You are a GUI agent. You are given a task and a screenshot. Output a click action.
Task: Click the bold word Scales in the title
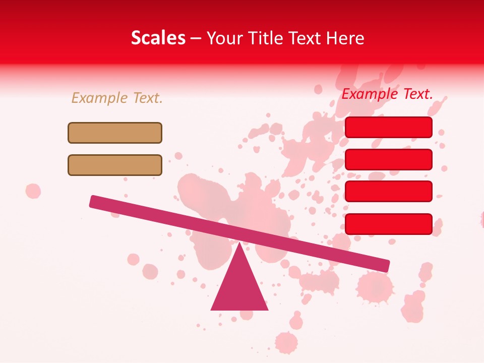[158, 38]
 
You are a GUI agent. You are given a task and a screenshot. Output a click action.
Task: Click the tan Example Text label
[117, 98]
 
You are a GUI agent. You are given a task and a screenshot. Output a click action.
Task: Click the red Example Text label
[387, 94]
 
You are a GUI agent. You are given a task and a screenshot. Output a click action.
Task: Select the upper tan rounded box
[115, 133]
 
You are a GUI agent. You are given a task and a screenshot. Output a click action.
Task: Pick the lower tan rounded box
[115, 165]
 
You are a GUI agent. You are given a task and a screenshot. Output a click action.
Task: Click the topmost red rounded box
[389, 127]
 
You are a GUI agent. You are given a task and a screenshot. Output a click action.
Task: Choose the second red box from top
[389, 159]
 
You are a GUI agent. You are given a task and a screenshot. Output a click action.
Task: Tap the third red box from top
[389, 191]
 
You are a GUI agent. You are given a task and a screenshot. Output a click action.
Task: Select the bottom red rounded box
[389, 224]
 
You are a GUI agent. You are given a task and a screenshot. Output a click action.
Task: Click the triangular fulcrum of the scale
[239, 285]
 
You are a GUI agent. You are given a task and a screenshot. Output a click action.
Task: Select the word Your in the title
[223, 38]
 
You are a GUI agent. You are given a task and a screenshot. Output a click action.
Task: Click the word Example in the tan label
[100, 98]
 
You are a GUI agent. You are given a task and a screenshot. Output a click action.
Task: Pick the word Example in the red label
[370, 94]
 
